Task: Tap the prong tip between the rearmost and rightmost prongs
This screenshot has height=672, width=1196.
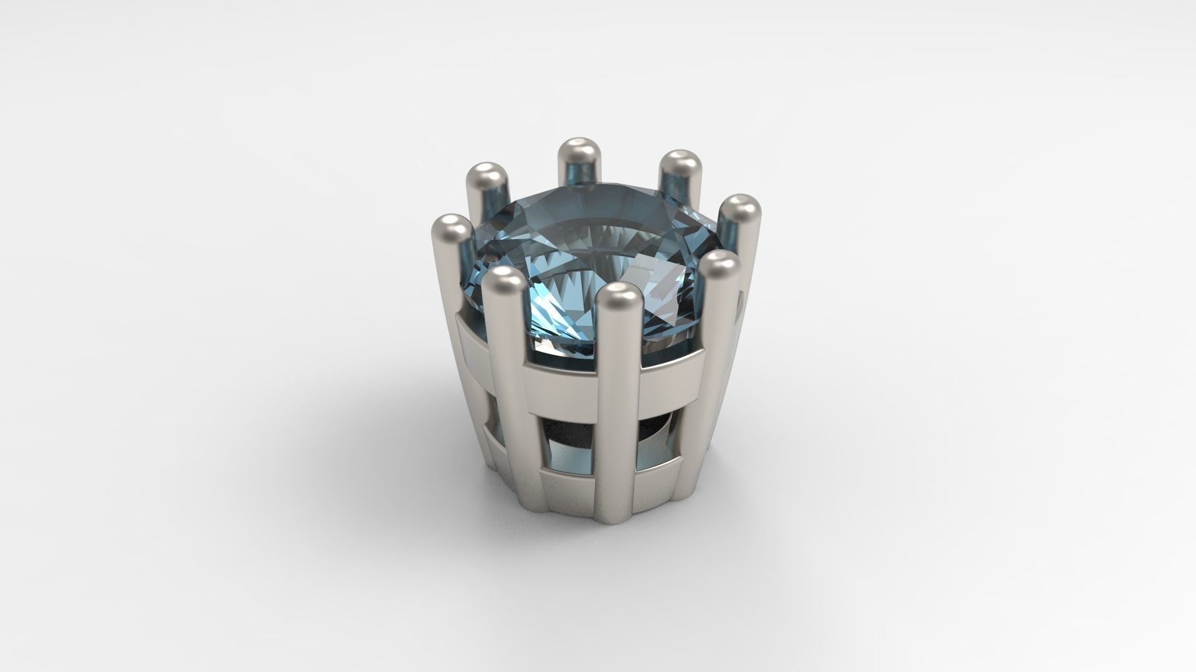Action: [678, 164]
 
